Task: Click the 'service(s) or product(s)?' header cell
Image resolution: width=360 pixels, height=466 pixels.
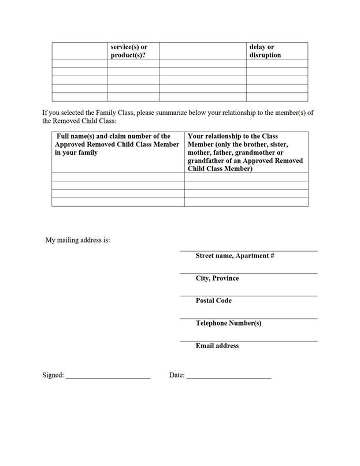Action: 133,51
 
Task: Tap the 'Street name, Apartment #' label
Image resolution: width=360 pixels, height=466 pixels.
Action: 235,256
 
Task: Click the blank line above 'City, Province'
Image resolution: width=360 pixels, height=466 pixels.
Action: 248,273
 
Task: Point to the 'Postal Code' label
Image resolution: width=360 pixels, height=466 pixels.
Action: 213,301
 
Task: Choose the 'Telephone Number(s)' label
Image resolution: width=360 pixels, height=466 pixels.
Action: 228,323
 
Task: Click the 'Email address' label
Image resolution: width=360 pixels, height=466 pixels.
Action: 217,346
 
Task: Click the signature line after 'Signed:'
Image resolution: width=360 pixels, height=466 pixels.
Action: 108,378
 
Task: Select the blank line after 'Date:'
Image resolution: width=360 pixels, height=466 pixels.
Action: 228,378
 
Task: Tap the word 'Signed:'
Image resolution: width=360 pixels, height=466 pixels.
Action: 53,375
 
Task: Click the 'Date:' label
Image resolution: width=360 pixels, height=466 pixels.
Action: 177,375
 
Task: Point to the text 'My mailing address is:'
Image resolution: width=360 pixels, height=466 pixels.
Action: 77,240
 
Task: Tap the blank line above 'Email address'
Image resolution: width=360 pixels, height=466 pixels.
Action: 248,341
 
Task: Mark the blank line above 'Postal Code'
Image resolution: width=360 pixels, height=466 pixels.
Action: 248,296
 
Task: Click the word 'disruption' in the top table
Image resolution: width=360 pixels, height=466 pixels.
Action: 265,55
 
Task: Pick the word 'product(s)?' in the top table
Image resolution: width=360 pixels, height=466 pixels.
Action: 128,55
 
